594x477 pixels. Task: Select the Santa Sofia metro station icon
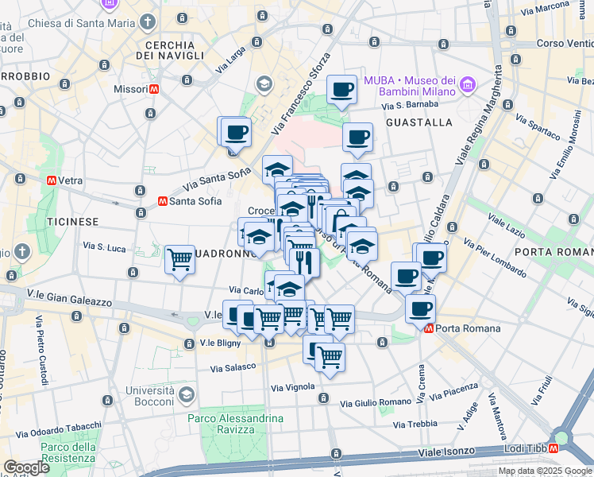[x=162, y=201]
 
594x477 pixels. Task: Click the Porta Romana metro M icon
[x=430, y=328]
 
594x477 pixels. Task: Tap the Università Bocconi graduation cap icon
[x=185, y=394]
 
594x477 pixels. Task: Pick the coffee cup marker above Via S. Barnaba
[x=342, y=89]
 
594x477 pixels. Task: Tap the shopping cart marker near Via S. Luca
[x=180, y=258]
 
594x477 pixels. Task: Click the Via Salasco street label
[x=233, y=368]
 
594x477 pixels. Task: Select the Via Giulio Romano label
[x=376, y=404]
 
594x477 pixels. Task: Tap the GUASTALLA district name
[x=418, y=122]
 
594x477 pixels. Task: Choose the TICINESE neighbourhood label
[x=72, y=221]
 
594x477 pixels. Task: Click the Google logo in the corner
[x=26, y=467]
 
